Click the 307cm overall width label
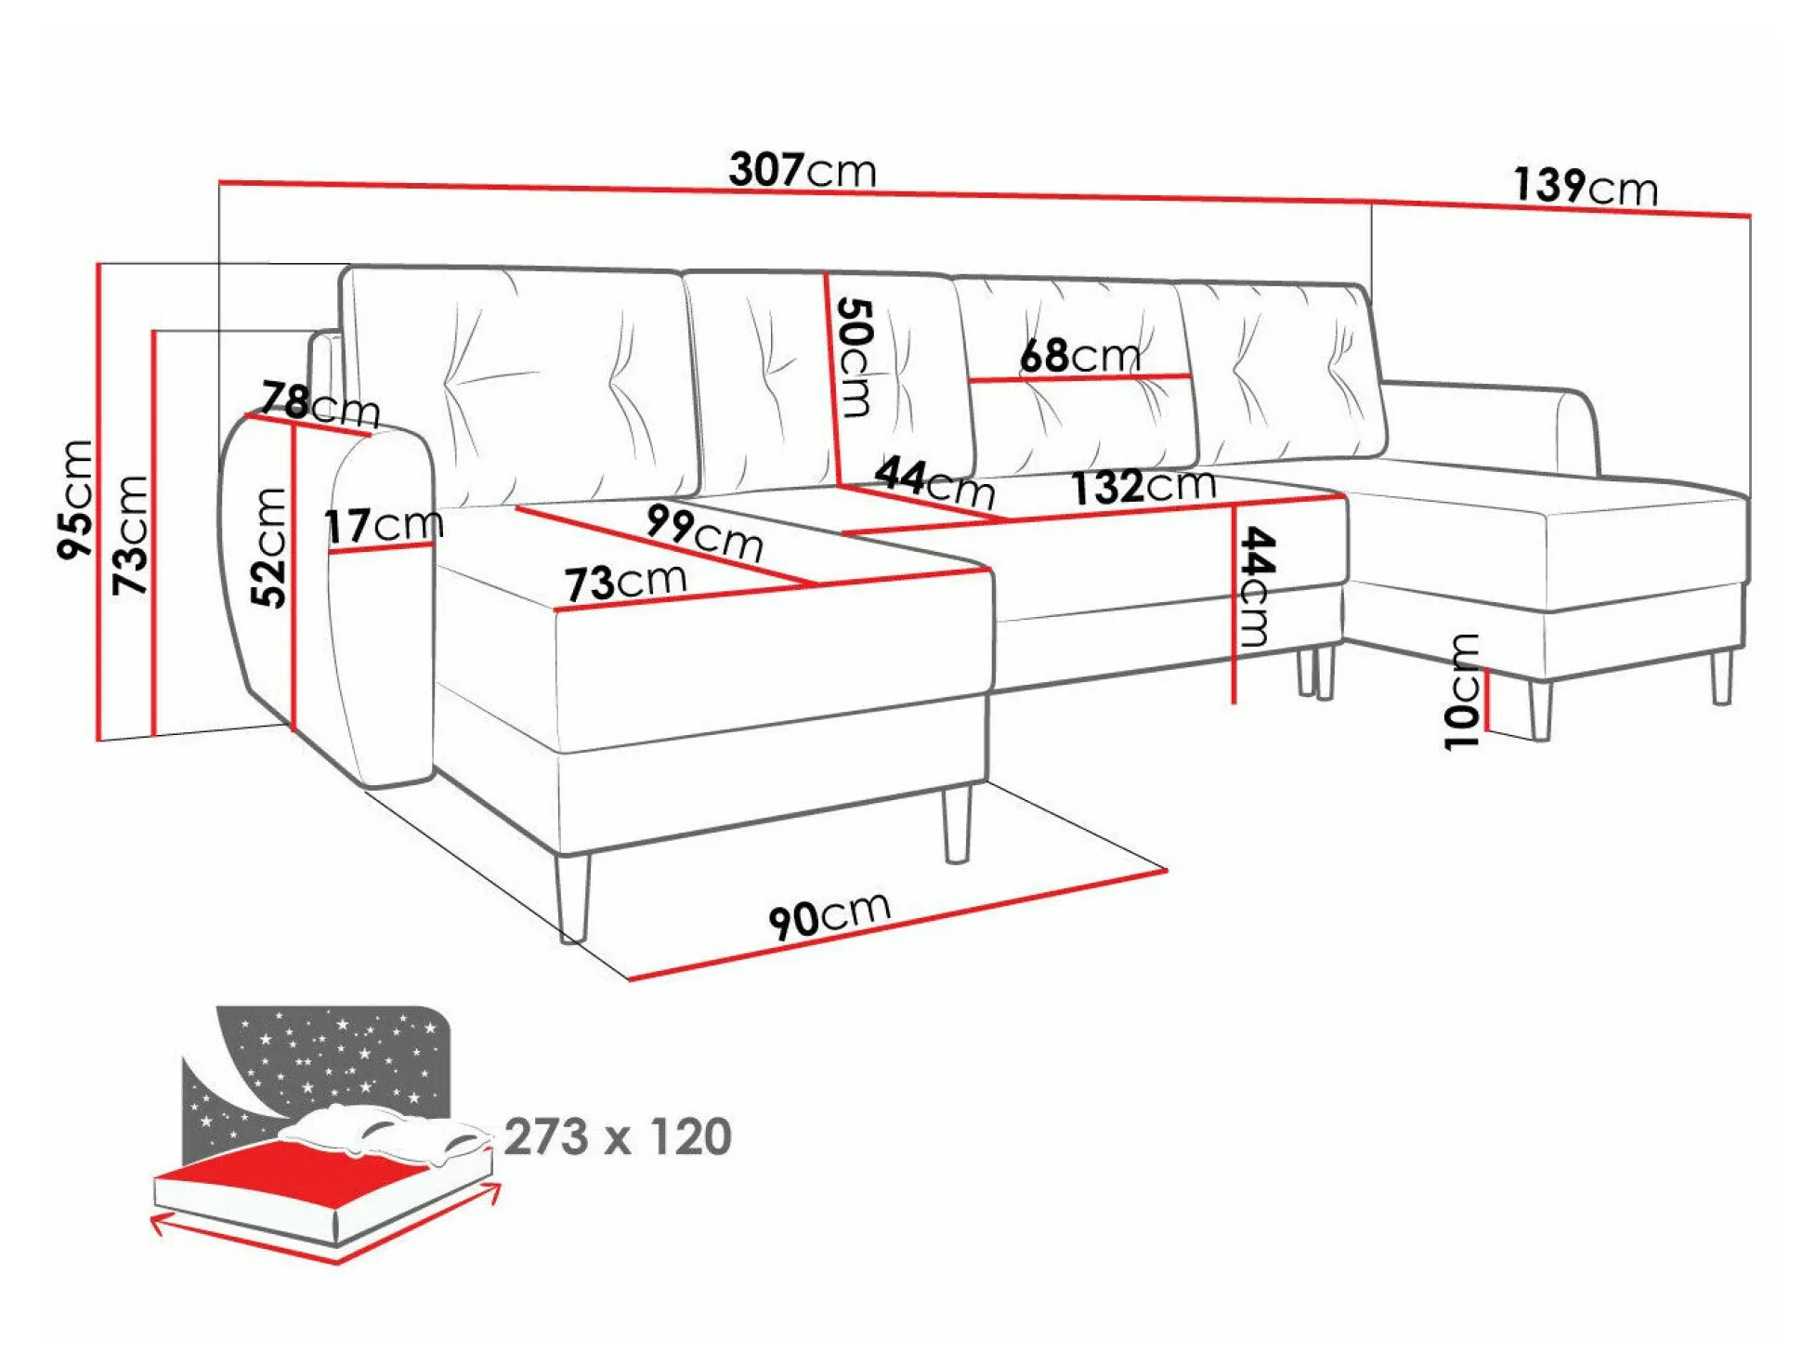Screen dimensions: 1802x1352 tap(803, 169)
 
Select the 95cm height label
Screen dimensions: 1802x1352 tap(76, 499)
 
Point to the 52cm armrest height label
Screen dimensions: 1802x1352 tap(269, 547)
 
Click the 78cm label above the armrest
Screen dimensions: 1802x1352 tap(320, 404)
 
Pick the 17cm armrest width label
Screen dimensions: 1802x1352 tap(384, 525)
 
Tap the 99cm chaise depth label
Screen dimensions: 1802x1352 tap(705, 532)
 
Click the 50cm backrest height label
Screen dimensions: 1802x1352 tap(855, 357)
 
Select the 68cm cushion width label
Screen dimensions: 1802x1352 tap(1080, 355)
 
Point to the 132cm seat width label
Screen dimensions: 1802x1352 tap(1143, 486)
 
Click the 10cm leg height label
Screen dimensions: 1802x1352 tap(1462, 691)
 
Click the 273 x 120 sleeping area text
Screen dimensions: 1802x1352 tap(618, 1136)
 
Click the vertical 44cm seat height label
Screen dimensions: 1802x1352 tap(1257, 585)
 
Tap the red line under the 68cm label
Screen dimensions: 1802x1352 tap(1080, 378)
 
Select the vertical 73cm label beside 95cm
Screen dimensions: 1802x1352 tap(130, 535)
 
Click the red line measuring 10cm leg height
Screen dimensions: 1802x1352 tap(1486, 699)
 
